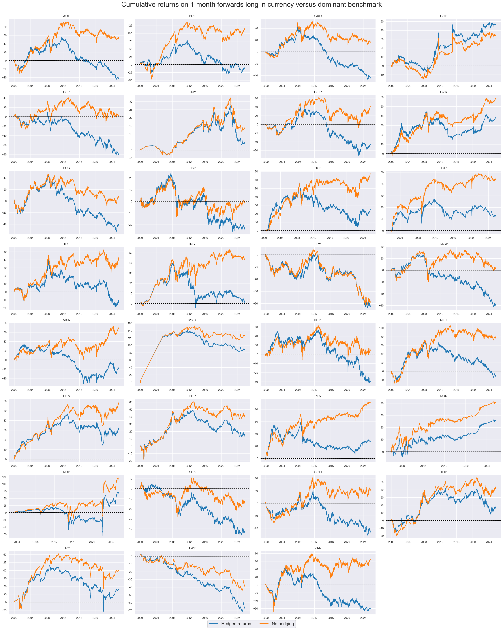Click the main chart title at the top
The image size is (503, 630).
(251, 5)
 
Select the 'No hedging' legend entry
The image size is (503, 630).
(283, 624)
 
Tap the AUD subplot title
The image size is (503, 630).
(67, 16)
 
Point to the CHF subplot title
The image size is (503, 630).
(443, 16)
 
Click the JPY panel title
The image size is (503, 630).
(318, 244)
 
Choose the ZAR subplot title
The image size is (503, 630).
(318, 548)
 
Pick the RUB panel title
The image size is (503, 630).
(67, 472)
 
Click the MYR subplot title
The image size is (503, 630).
(192, 320)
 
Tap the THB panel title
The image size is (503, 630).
(443, 472)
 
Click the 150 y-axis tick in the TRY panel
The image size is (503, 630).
(4, 555)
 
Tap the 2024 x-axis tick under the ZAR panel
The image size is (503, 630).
(363, 618)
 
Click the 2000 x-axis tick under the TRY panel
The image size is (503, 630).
(14, 618)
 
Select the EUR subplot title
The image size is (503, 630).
(67, 168)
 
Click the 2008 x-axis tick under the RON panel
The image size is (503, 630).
(402, 466)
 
